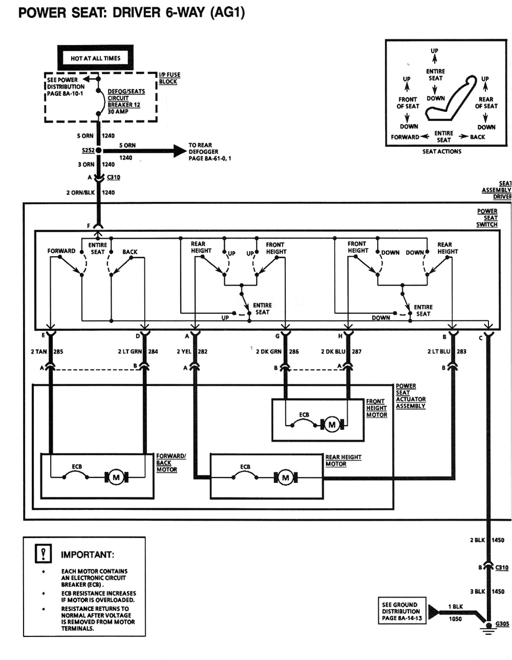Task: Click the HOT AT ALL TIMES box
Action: [x=95, y=59]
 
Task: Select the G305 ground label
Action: [x=502, y=624]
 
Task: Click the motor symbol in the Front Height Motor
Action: [x=331, y=425]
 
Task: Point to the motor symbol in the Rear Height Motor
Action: [x=285, y=477]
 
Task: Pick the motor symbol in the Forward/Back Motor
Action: [x=117, y=477]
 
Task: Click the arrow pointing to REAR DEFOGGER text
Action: [x=178, y=151]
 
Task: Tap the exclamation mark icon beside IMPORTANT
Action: [x=44, y=553]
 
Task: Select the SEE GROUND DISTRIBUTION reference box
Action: [x=401, y=611]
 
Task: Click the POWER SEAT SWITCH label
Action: [x=487, y=218]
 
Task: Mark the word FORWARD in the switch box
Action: [x=61, y=251]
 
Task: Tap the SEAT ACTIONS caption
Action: [x=442, y=152]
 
